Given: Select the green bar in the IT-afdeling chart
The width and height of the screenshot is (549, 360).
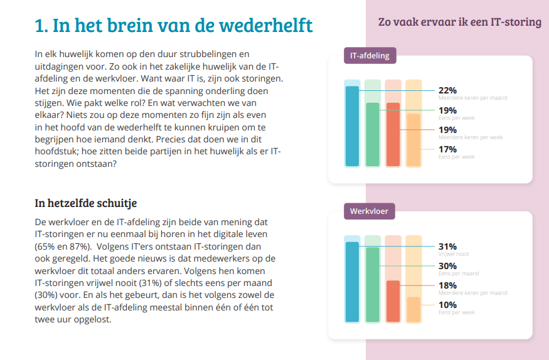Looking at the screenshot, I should [x=373, y=135].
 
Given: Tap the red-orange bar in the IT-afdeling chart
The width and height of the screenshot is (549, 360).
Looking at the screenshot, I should [x=393, y=135].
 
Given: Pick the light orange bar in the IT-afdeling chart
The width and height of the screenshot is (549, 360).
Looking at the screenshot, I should [x=413, y=140].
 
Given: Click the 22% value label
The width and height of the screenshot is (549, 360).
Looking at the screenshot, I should [x=447, y=90].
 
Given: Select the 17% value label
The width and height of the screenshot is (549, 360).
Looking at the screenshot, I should [x=447, y=149].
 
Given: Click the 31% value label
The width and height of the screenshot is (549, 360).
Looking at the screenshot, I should [x=447, y=246].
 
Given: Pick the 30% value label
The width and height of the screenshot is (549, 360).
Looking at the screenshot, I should [x=447, y=266].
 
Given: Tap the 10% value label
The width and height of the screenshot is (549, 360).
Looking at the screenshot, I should [x=447, y=305].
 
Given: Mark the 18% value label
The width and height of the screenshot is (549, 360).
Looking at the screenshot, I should [x=447, y=285].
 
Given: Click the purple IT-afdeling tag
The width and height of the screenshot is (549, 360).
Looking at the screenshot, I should [x=370, y=56].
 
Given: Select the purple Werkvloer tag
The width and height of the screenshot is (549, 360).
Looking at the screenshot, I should [x=369, y=211].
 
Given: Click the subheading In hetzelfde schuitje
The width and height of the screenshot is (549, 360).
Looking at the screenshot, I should [x=86, y=203].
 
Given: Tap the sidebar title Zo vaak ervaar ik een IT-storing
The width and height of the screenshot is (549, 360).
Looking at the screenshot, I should [x=459, y=23].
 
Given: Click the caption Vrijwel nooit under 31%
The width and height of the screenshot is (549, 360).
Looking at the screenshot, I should [x=453, y=254].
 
